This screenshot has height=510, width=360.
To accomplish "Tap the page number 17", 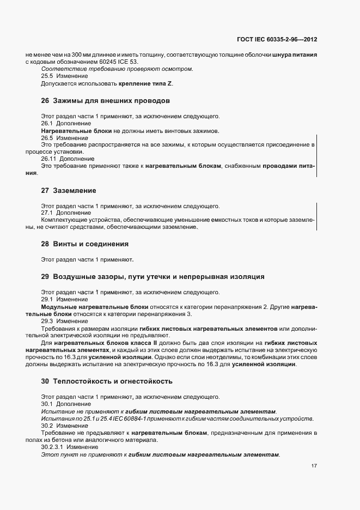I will [314, 466].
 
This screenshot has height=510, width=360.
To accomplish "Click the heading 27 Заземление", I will [69, 191].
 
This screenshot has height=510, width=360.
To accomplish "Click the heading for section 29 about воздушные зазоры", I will [152, 277].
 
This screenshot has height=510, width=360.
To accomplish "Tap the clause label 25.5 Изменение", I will [60, 76].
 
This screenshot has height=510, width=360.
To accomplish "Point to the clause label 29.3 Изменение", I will [60, 321].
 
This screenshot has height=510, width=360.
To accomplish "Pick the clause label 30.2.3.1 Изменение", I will [65, 447].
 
